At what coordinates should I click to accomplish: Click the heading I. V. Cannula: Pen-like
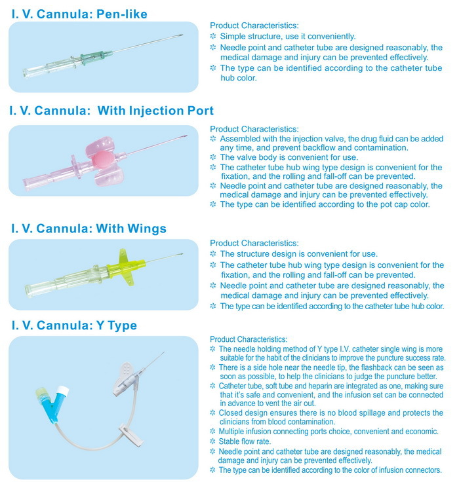(x=78, y=14)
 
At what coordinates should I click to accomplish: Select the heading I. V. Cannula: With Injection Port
(x=111, y=111)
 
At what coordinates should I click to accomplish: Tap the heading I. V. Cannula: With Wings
(x=88, y=229)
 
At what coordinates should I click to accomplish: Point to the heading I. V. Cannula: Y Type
(x=73, y=326)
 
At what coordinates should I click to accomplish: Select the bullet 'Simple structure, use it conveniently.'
(x=288, y=36)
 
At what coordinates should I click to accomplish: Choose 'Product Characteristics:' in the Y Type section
(x=248, y=339)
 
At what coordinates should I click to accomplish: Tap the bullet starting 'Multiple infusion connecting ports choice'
(x=329, y=432)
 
